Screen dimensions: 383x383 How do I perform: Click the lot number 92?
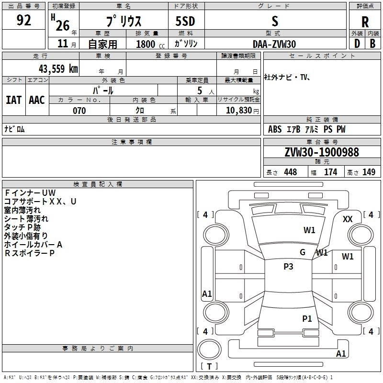coord(23,20)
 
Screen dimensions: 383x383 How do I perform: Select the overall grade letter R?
coord(365,22)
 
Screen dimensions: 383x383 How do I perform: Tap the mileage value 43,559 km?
coord(58,69)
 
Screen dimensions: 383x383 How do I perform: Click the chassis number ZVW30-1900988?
coord(322,152)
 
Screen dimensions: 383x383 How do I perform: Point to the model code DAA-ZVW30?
coord(274,44)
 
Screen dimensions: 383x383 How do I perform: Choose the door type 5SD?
coord(185,21)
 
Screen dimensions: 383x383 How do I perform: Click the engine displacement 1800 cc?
coord(150,44)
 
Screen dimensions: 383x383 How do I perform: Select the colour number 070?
coord(79,111)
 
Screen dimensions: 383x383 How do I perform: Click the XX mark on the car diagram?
coord(348,219)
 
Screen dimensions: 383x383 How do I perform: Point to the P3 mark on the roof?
coord(288,267)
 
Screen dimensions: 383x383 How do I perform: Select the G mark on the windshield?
coord(303,252)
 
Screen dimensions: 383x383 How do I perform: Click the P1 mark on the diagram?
coord(307,318)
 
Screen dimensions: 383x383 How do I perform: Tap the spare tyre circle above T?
coord(209,349)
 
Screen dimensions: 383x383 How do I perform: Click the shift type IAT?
coord(14,100)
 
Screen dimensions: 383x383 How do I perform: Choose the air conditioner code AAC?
coord(37,100)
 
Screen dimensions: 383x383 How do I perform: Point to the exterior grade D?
coord(357,44)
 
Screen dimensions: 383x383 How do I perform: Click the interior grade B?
coord(372,44)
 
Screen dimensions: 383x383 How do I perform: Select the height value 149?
coord(369,172)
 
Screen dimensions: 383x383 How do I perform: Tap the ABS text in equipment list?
coord(275,129)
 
